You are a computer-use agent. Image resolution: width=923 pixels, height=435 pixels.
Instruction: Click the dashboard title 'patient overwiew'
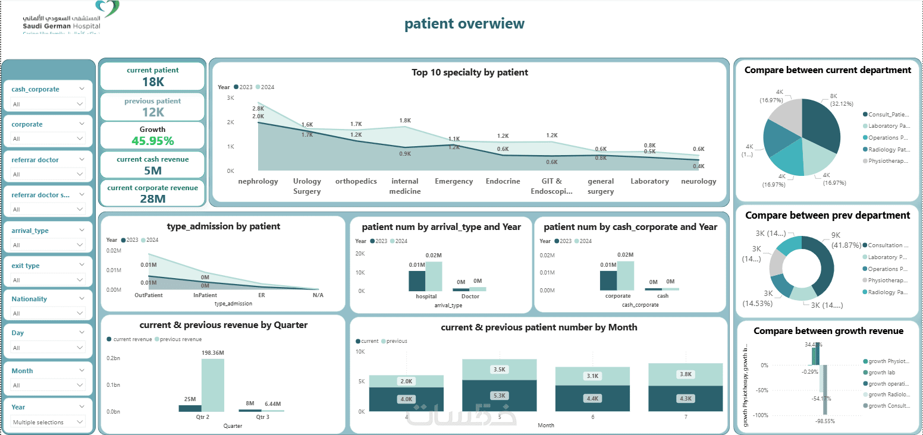464,24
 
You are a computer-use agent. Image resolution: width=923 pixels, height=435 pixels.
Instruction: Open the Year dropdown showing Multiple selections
48,422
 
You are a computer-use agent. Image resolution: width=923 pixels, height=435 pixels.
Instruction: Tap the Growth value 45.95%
153,141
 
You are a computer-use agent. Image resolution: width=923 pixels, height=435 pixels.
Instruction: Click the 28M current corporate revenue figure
153,198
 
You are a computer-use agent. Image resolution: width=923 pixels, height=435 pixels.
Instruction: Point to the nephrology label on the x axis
258,181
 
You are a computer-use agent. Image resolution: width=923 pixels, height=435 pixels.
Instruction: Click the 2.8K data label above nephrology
258,109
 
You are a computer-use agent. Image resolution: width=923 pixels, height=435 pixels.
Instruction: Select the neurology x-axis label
698,181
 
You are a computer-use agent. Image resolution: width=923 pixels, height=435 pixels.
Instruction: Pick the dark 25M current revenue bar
190,408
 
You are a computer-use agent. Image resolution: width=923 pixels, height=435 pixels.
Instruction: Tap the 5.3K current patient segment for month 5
500,396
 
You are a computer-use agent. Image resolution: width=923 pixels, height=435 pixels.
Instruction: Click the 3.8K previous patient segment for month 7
685,374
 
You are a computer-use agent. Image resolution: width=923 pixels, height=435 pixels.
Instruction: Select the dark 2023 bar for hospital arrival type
417,280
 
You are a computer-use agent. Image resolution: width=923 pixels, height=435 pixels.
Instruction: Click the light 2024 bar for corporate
625,276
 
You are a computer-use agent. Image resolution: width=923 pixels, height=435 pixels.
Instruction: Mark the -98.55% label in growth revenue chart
825,421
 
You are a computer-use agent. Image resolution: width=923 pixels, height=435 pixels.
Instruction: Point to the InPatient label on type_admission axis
205,295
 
